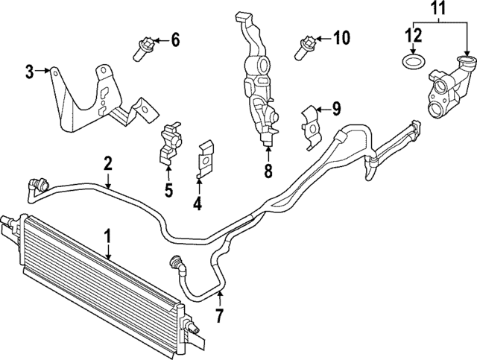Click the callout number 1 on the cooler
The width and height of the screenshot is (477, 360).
click(107, 237)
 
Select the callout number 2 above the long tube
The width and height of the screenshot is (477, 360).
click(108, 163)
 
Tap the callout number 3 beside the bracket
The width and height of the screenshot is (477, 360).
click(29, 72)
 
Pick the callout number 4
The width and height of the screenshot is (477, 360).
click(198, 203)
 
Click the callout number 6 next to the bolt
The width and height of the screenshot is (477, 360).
click(175, 40)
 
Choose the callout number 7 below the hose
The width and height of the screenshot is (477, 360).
click(219, 315)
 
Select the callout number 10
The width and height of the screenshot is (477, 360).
click(341, 38)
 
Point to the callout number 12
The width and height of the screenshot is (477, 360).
click(412, 34)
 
